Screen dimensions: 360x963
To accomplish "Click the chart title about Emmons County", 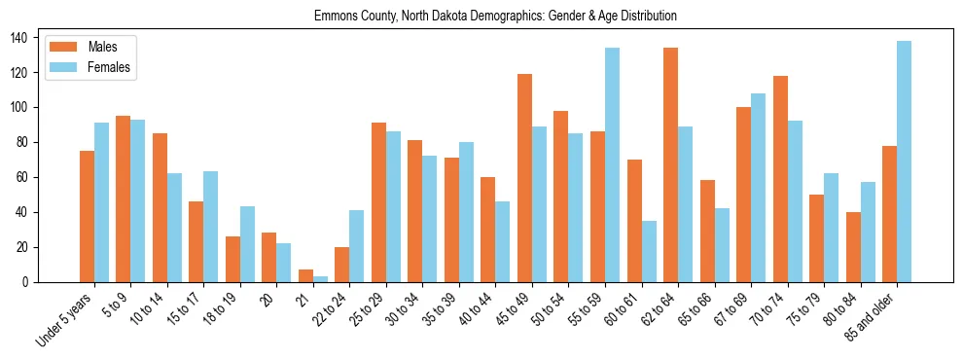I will [x=495, y=17].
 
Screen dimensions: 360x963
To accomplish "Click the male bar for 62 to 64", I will [x=670, y=165].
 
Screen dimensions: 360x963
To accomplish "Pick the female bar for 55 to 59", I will [x=612, y=164].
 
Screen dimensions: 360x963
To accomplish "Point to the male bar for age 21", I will [x=305, y=276].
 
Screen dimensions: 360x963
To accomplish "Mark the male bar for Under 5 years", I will [x=87, y=216].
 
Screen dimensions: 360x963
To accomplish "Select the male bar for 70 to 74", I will [x=780, y=179].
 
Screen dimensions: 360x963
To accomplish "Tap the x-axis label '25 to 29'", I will [x=370, y=306].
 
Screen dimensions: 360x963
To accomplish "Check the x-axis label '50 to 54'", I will [x=552, y=306].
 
